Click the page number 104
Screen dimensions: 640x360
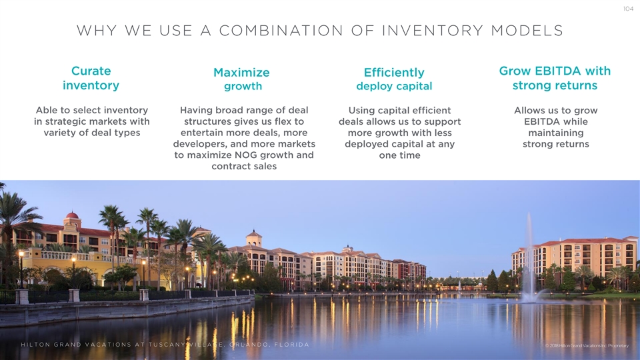[628, 9]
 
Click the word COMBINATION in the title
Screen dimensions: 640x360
[281, 31]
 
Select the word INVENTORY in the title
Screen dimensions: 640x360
[432, 31]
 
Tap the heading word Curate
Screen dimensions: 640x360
[91, 71]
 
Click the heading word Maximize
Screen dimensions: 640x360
[241, 73]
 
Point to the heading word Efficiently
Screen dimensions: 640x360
[394, 73]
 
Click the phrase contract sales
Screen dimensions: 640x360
[244, 166]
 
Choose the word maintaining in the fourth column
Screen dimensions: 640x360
[556, 133]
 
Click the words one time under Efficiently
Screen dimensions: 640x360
[399, 155]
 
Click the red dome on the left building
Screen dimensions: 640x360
[72, 215]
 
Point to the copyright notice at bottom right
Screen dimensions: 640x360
[587, 346]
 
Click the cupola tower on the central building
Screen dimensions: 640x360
[253, 238]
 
